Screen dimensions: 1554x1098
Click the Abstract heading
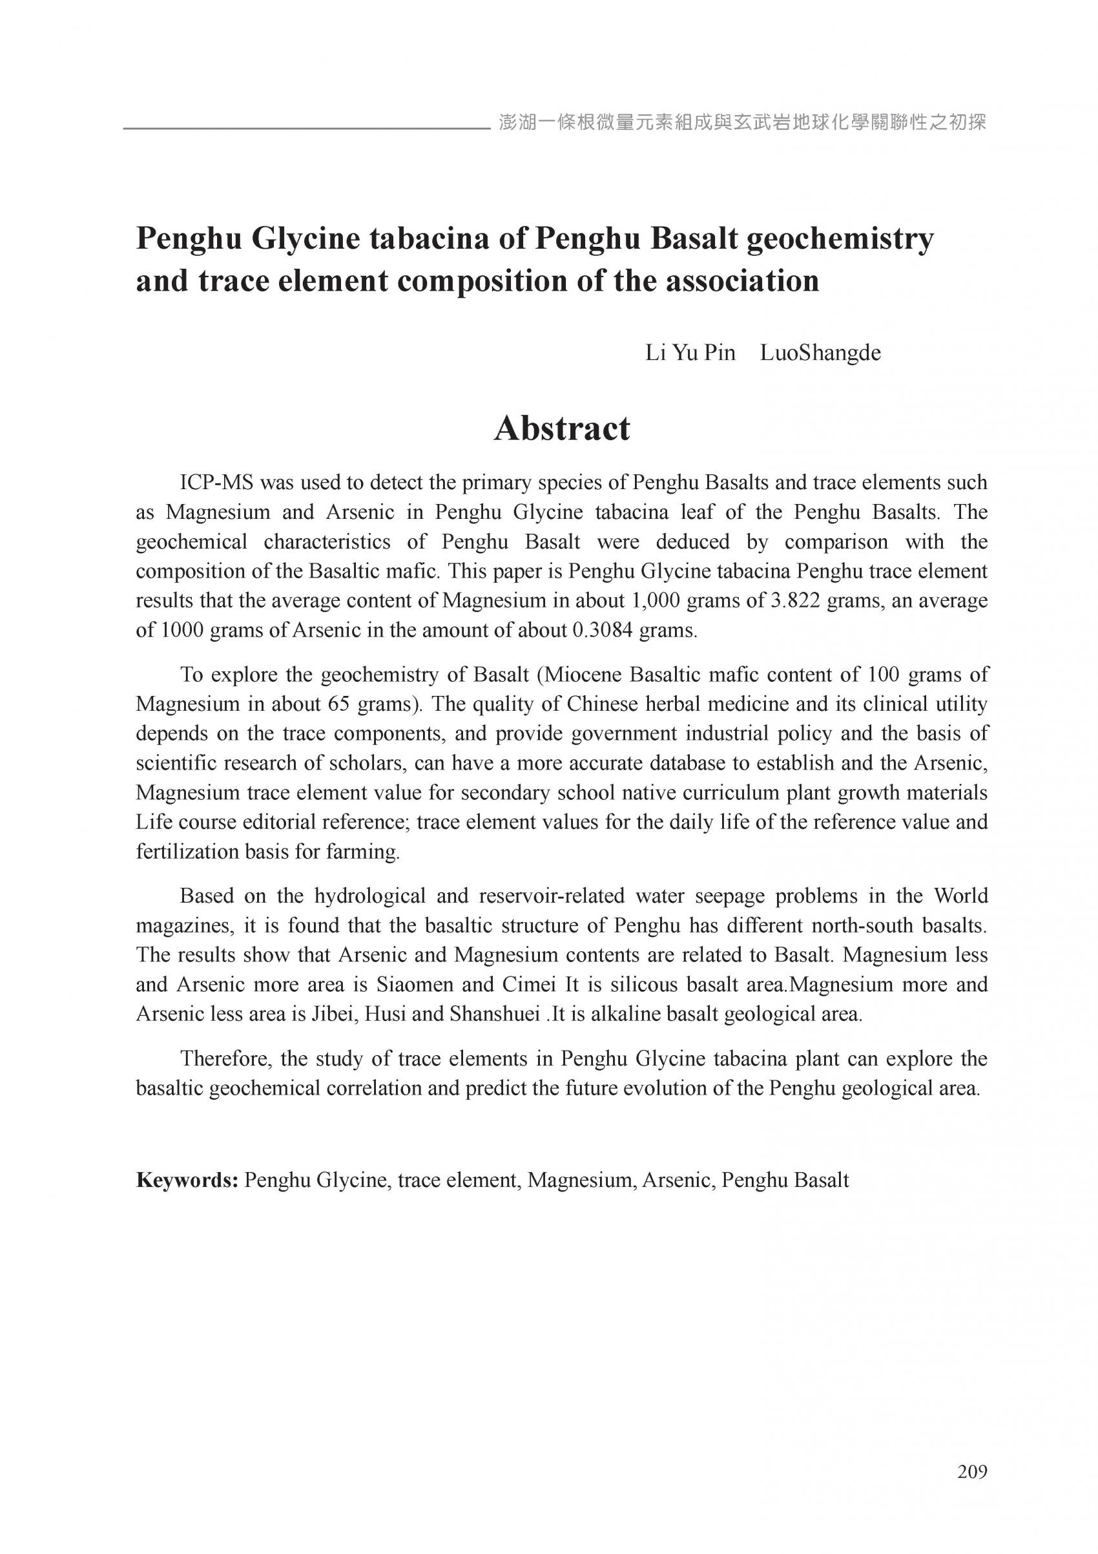(561, 428)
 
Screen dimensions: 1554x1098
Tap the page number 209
(972, 1471)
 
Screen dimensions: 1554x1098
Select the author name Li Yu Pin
(690, 353)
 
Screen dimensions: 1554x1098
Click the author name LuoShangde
(820, 353)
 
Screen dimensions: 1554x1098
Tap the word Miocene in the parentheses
(583, 675)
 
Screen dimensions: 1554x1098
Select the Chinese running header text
(741, 123)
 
